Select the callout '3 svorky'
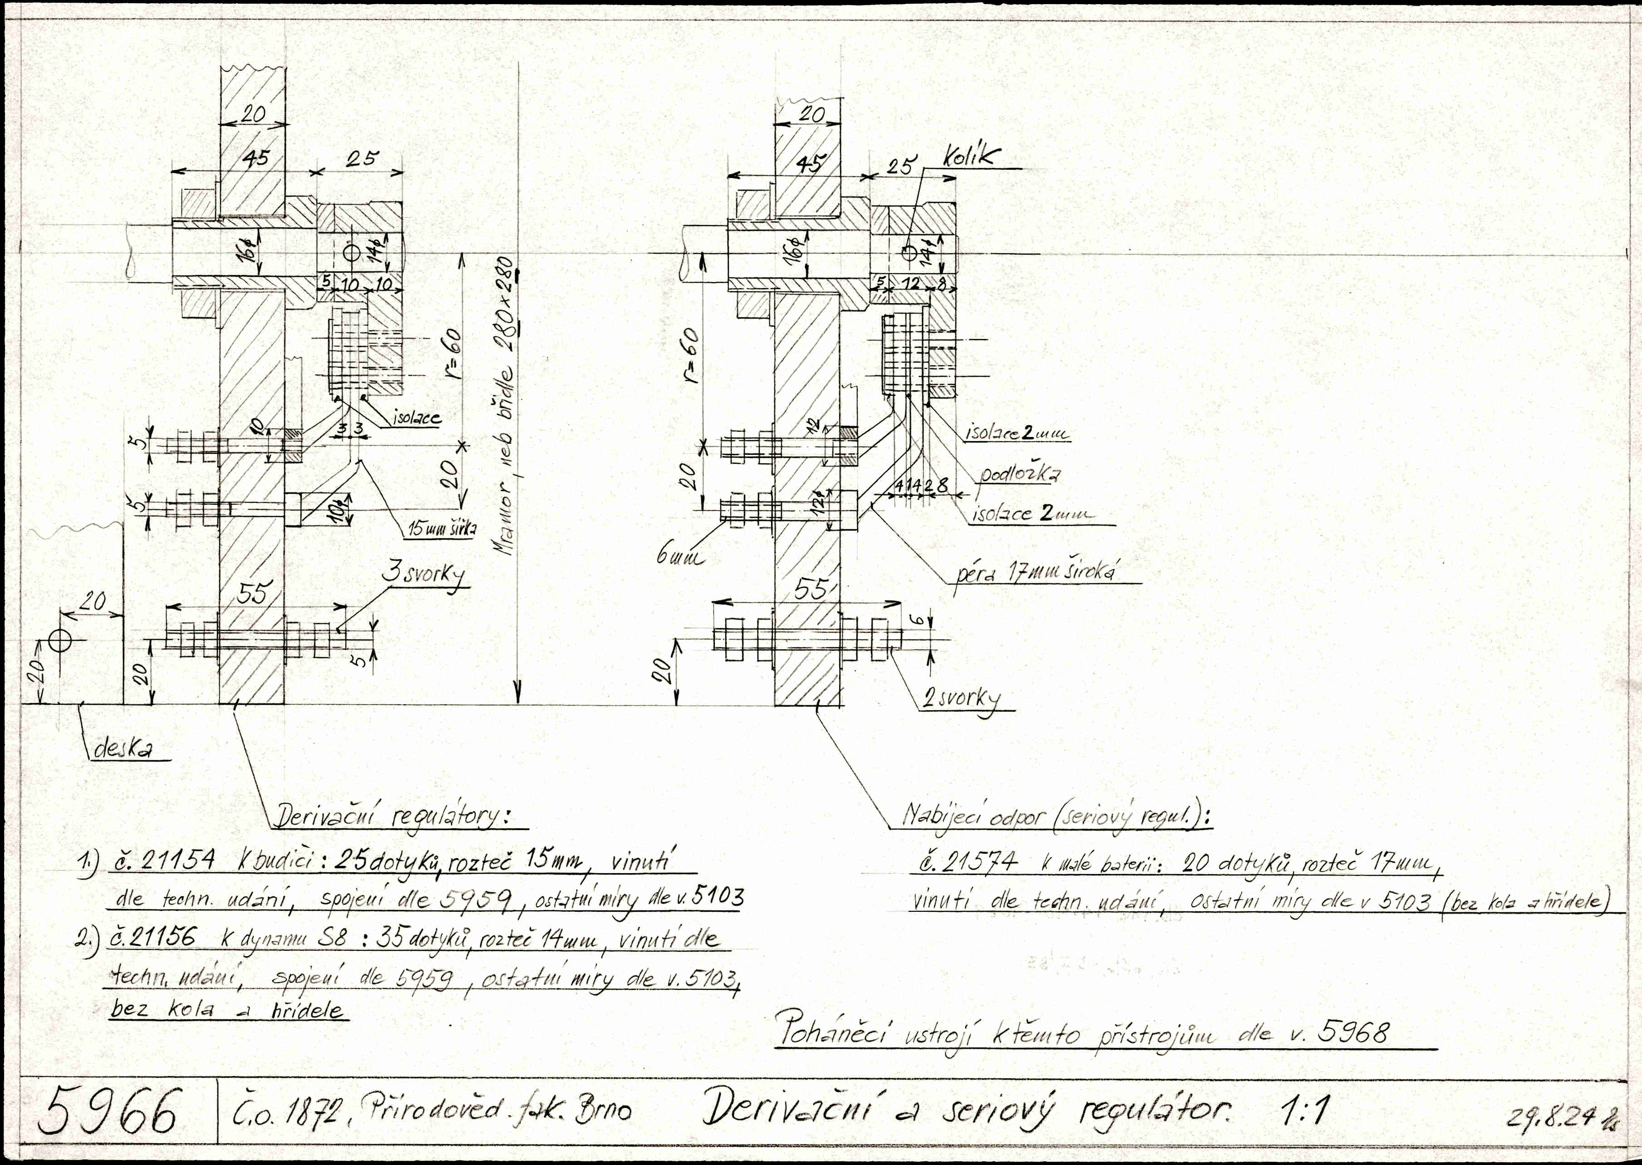[x=423, y=575]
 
